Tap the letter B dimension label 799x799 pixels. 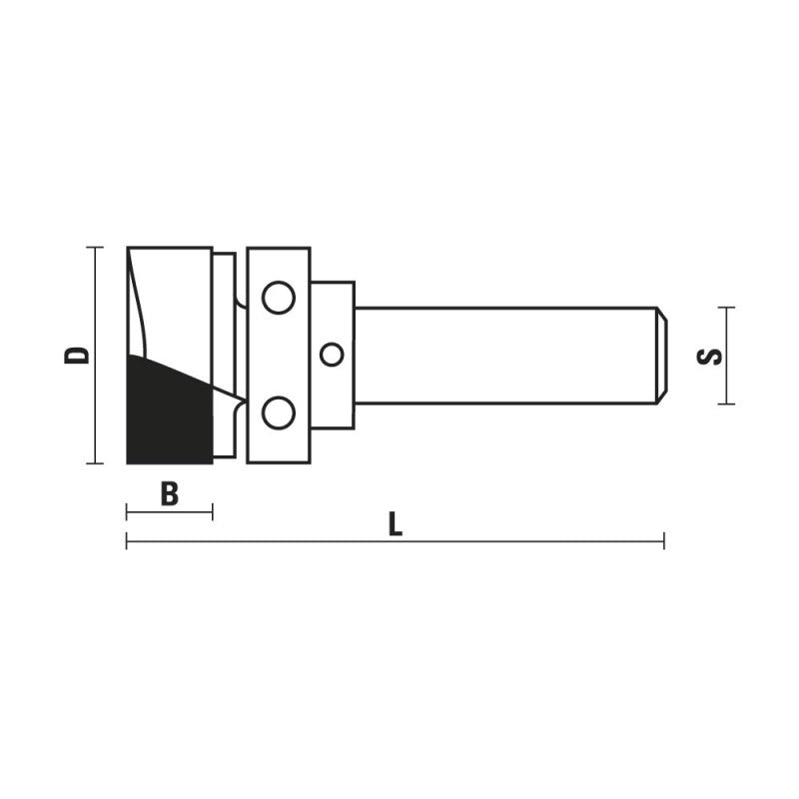pyautogui.click(x=170, y=492)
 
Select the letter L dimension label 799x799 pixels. pyautogui.click(x=396, y=524)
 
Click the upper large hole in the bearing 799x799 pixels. pyautogui.click(x=278, y=298)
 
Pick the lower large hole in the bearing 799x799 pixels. pyautogui.click(x=278, y=411)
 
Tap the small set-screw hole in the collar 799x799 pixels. pyautogui.click(x=332, y=355)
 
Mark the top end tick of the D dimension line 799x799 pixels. pyautogui.click(x=95, y=247)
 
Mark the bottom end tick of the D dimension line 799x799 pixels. pyautogui.click(x=95, y=463)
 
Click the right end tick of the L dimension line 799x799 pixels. pyautogui.click(x=664, y=542)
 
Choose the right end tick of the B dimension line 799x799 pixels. pyautogui.click(x=212, y=512)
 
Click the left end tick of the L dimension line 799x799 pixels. pyautogui.click(x=127, y=542)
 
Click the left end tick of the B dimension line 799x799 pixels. pyautogui.click(x=127, y=512)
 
